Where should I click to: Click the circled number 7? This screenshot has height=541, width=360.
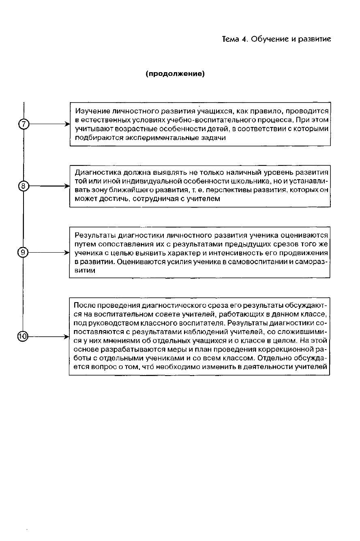[24, 125]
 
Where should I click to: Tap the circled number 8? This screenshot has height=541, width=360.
[24, 186]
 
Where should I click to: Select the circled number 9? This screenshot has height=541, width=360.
[23, 252]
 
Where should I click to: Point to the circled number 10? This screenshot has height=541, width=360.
[23, 336]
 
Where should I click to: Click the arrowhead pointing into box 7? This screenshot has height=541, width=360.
[67, 125]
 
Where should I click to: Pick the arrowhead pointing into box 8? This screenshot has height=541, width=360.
[67, 186]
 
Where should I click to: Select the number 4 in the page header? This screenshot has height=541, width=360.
[245, 39]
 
